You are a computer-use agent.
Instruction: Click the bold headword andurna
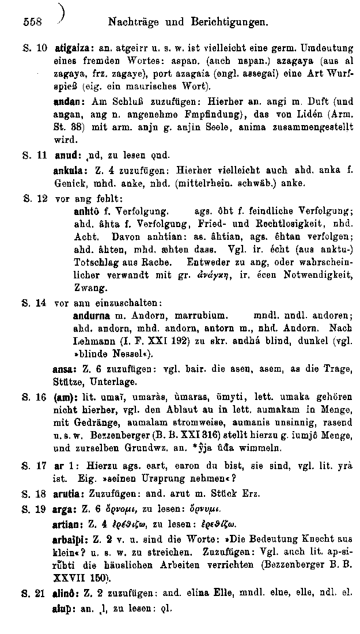tap(92, 316)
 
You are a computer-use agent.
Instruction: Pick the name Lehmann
tap(93, 341)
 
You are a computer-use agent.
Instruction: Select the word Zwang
tap(86, 288)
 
